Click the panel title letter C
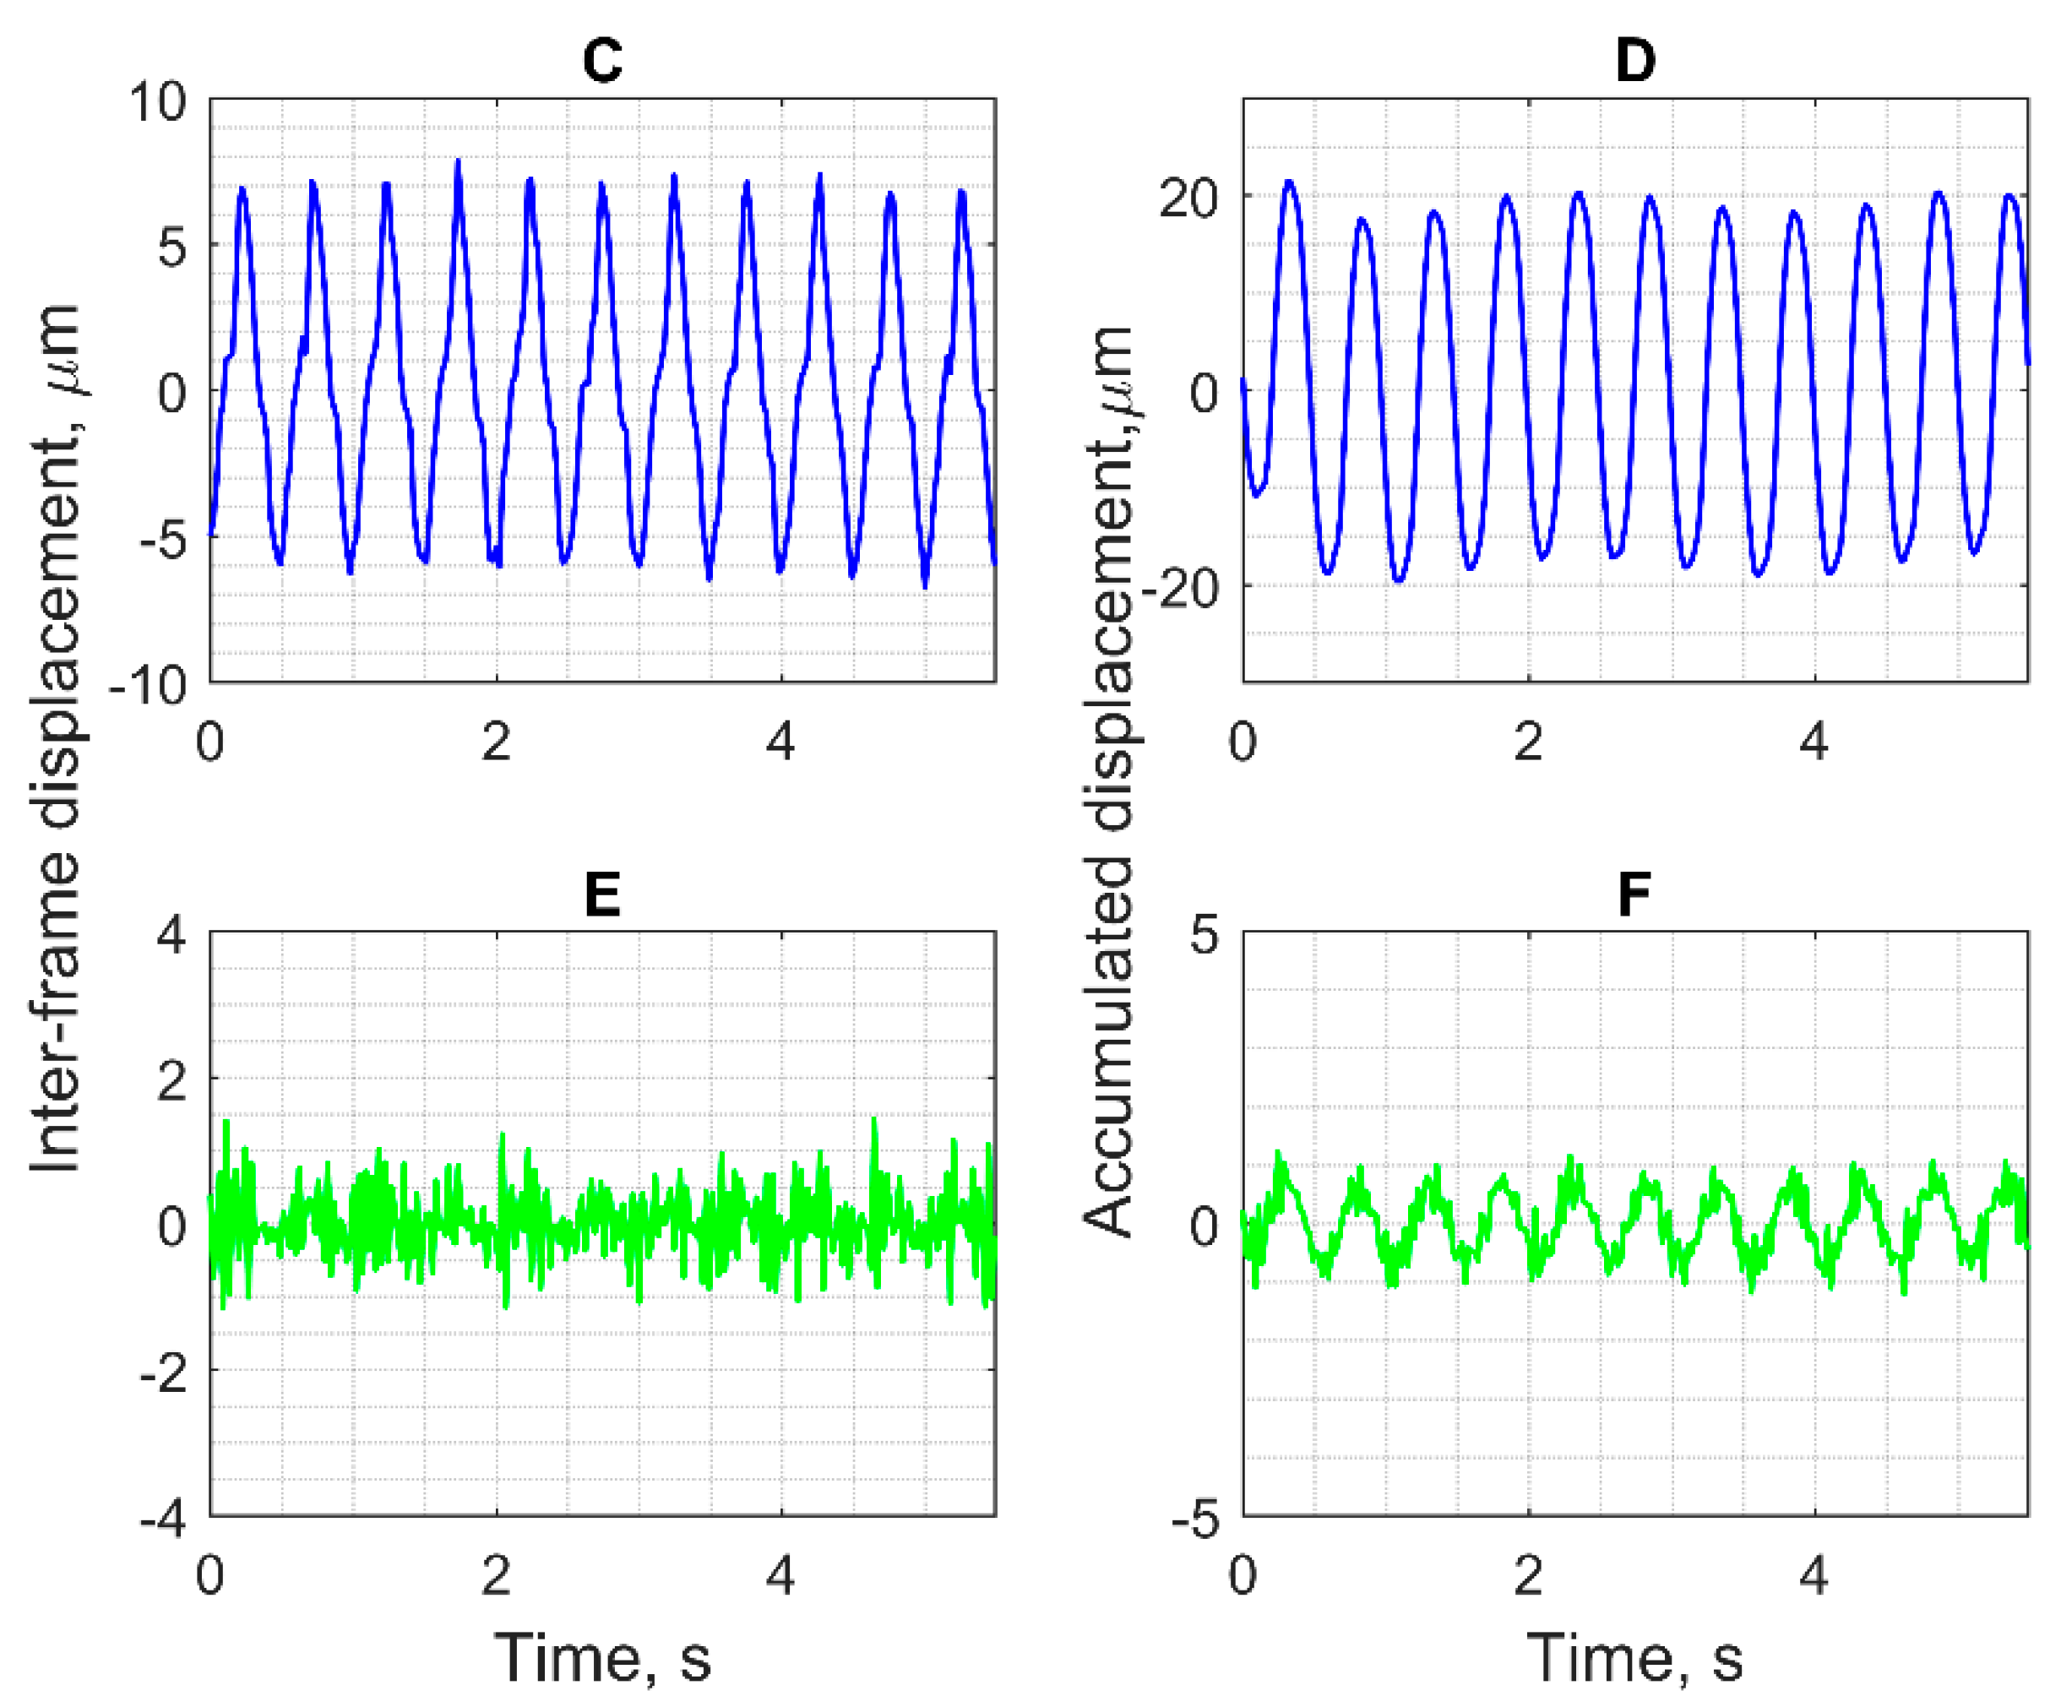(601, 61)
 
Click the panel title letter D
(1635, 61)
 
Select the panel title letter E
(601, 894)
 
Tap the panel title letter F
(1635, 894)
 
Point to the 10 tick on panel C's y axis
(157, 102)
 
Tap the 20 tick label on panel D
(1188, 199)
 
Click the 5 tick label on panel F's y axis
(1205, 934)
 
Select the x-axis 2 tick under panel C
(496, 742)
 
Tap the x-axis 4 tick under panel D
(1814, 742)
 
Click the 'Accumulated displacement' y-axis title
(1108, 780)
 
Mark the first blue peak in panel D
(1289, 182)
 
